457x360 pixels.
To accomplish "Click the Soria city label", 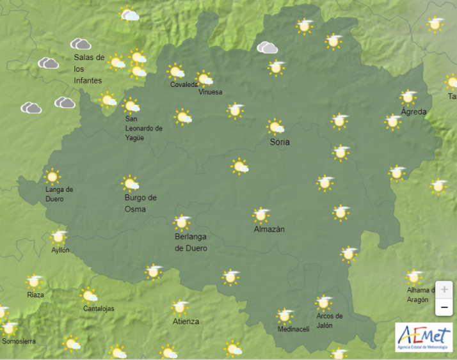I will coord(280,142).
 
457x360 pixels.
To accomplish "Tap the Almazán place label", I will coord(269,229).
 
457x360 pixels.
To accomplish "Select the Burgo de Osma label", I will coord(140,203).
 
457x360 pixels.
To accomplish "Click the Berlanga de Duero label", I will coord(191,242).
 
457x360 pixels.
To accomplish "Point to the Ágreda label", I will coord(413,112).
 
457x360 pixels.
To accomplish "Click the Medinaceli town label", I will coord(293,329).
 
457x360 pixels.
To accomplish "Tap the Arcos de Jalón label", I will coord(330,320).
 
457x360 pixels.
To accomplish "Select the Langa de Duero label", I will coord(59,194).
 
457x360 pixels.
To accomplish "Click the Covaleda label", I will coord(184,85).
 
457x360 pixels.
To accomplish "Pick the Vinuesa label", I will coord(211,92).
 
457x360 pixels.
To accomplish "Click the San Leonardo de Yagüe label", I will coord(143,129).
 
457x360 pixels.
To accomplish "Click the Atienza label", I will coord(185,322).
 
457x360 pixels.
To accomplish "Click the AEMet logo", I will coord(424,337).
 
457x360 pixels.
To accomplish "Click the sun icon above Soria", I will coord(275,127).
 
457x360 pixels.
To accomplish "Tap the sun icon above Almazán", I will coord(261,215).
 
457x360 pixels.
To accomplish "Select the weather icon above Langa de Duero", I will coord(52,176).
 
